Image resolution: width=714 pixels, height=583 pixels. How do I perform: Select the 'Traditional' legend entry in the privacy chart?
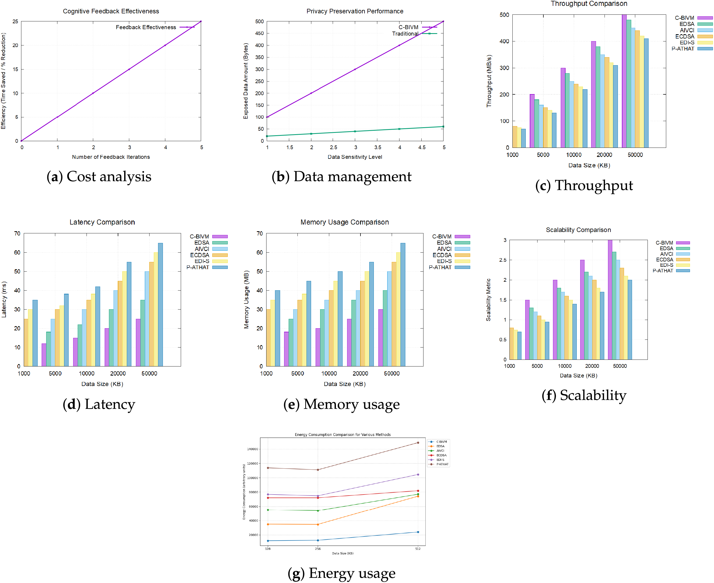point(405,34)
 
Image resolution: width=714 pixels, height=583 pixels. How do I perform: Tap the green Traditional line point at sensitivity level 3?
point(355,131)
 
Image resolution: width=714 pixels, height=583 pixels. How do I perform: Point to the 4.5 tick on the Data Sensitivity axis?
point(422,148)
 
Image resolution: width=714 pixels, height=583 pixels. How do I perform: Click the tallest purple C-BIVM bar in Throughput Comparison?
point(624,81)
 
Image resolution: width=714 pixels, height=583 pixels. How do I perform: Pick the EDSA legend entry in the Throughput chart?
point(686,24)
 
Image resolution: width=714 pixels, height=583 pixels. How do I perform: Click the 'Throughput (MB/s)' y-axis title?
point(489,81)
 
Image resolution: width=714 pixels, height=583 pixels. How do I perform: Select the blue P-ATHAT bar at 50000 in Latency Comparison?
point(160,304)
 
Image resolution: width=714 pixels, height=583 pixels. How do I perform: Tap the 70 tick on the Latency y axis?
point(17,233)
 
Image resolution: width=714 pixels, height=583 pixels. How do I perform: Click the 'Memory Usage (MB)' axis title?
point(246,299)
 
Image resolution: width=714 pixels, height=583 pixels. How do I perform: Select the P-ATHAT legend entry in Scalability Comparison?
point(662,271)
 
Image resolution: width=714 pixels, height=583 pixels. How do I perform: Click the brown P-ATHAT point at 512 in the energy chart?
point(418,443)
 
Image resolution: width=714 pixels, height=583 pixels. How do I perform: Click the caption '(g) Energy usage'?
point(342,573)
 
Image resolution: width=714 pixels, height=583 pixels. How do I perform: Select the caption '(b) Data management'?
point(342,177)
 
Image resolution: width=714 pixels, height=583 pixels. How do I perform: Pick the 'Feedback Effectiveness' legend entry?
point(146,27)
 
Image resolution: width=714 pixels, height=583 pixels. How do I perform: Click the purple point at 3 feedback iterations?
point(129,69)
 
